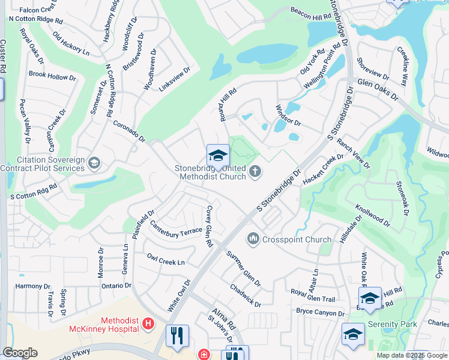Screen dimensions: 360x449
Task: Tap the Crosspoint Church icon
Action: click(x=253, y=239)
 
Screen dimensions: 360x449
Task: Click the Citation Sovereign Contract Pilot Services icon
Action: click(x=94, y=163)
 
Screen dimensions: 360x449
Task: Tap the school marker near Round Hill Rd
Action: click(x=218, y=156)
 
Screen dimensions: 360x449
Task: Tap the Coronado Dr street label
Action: click(x=130, y=131)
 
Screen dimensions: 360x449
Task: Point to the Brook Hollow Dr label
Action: click(x=52, y=76)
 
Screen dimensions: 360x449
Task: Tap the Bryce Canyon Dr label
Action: click(x=321, y=313)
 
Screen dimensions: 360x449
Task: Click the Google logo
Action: click(x=20, y=353)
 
